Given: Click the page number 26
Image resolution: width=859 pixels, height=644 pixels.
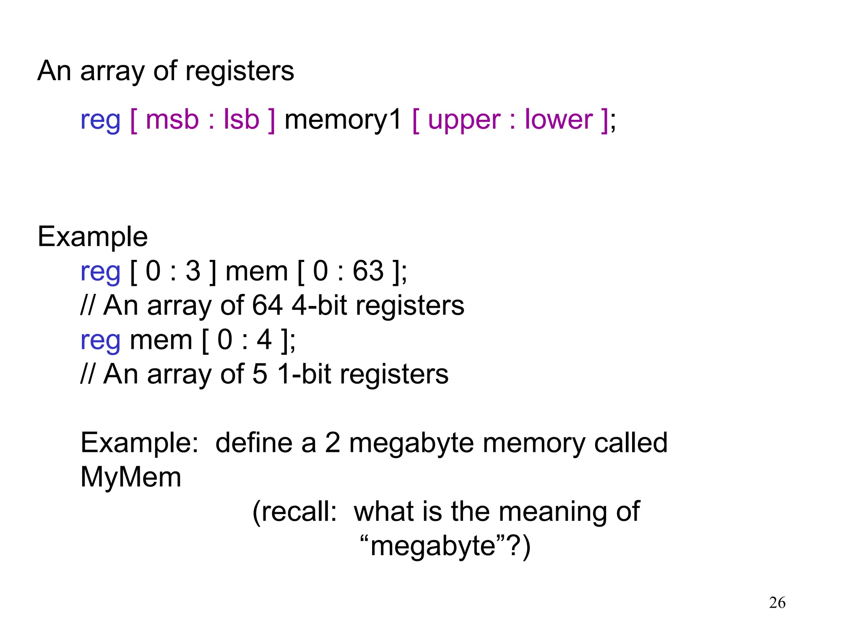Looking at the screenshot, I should (777, 603).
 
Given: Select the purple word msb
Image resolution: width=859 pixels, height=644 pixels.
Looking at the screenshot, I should (172, 120).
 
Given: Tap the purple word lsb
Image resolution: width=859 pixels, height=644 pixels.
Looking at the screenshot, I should (241, 120).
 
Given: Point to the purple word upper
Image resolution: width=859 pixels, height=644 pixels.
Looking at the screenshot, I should (464, 121).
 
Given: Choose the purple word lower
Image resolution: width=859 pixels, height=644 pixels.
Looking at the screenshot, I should (559, 120).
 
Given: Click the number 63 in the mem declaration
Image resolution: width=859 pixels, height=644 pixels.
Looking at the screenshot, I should (368, 271).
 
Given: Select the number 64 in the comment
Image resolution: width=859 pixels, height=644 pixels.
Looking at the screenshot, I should (267, 305).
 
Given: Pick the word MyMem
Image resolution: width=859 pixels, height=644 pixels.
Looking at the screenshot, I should (131, 477).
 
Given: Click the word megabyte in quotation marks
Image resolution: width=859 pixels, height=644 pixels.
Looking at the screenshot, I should (433, 546).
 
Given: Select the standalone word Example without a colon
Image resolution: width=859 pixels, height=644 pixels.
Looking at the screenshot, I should (93, 237).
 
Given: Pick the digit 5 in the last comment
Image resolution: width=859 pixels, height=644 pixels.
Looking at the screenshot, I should (260, 374).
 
